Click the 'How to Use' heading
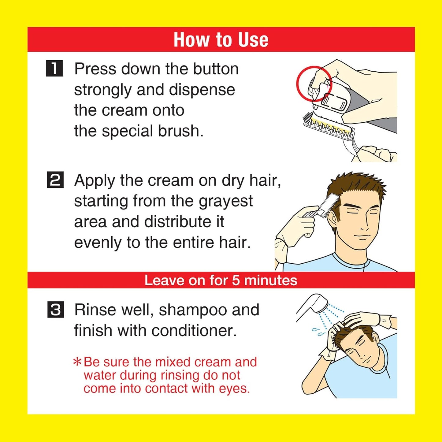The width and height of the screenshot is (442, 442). tap(221, 40)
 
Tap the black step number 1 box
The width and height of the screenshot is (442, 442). tap(54, 68)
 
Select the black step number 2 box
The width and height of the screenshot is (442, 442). tap(55, 180)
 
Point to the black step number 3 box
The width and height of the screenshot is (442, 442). tap(56, 310)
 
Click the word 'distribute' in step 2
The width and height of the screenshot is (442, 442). tap(178, 222)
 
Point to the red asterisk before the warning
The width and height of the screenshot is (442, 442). tap(77, 362)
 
